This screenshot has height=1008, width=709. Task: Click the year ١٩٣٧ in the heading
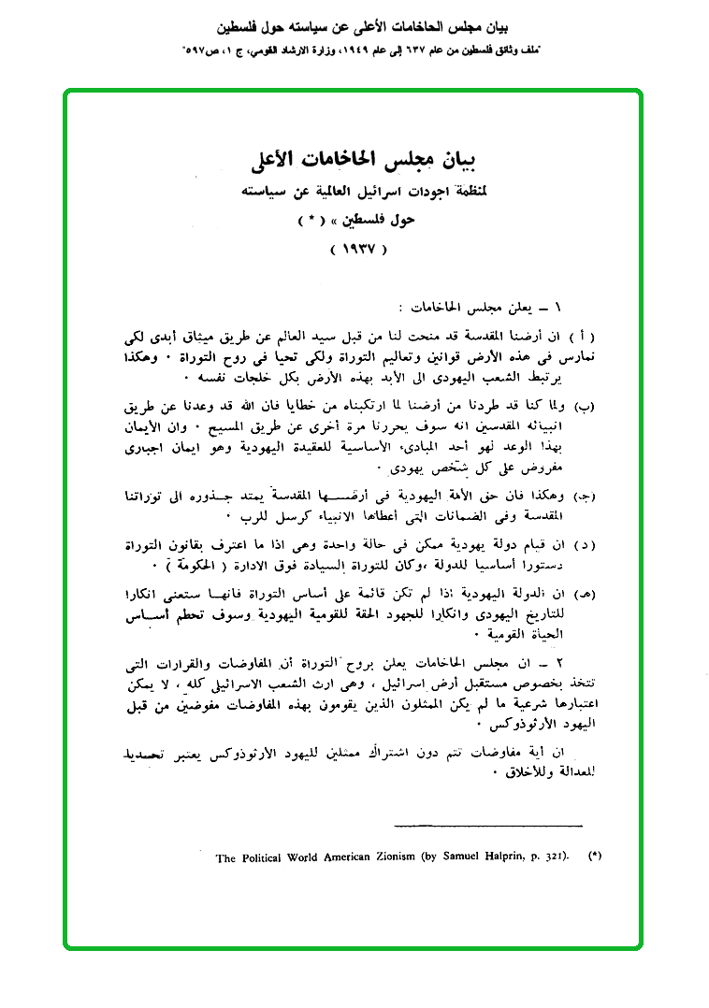click(358, 250)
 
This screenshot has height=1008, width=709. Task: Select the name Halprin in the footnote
click(492, 857)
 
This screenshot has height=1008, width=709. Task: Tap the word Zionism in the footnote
click(387, 857)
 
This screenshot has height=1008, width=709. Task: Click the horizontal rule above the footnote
click(488, 825)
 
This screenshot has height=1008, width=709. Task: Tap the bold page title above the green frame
click(354, 21)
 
